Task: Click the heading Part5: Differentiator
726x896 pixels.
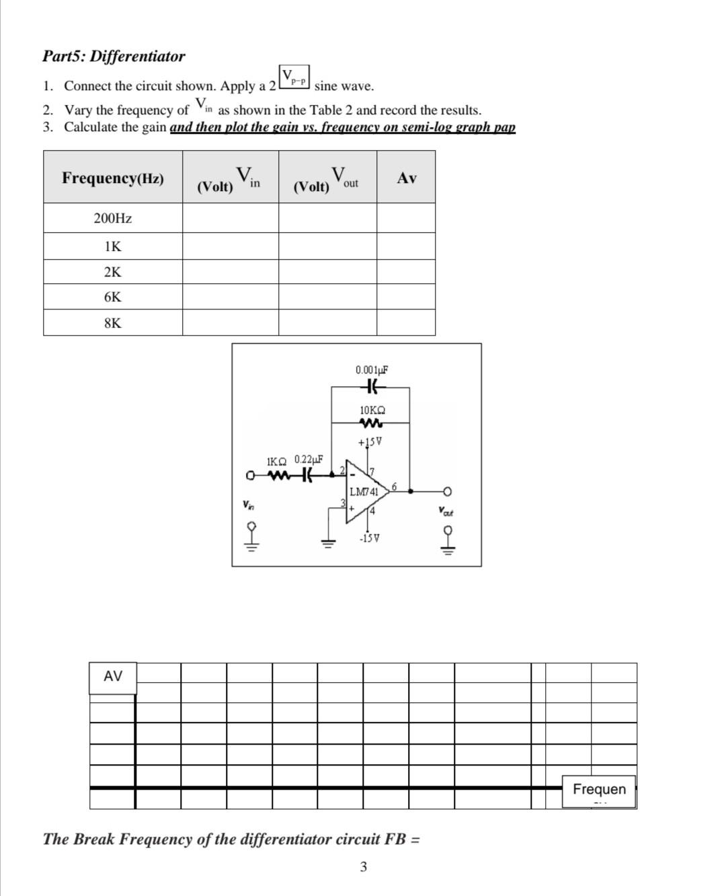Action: [114, 57]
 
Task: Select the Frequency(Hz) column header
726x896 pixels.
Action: [113, 178]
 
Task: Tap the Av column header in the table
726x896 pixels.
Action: [407, 178]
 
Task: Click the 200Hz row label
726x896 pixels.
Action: [113, 219]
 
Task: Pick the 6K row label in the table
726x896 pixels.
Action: [113, 297]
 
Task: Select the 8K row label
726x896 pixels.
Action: [113, 323]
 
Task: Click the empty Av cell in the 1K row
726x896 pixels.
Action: [406, 247]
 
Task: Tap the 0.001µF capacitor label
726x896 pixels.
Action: [372, 370]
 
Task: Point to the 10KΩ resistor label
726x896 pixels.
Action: [372, 410]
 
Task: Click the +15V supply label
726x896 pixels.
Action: [370, 442]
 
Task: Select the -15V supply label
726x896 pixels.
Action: [370, 538]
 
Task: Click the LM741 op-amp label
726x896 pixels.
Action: [364, 492]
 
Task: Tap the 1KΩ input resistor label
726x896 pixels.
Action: [277, 461]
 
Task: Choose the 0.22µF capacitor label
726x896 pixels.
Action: [309, 459]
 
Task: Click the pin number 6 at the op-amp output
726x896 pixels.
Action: [395, 486]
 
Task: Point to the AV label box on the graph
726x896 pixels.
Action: [113, 677]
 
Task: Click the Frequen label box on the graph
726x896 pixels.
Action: [599, 790]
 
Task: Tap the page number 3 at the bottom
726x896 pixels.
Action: [364, 867]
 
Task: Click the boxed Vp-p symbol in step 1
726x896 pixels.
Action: [294, 77]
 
